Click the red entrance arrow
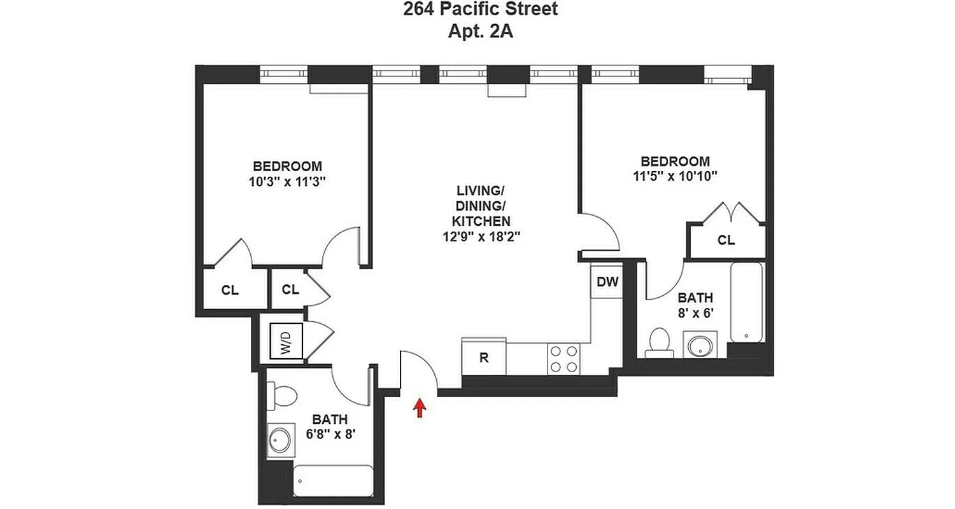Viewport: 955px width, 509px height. pos(419,407)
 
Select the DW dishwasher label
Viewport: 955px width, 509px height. pos(607,282)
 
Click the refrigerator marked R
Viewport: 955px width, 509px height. pos(483,357)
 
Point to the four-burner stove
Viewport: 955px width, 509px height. pos(563,358)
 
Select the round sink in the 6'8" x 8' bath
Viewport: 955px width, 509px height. pos(279,440)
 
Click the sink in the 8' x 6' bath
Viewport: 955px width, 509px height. pos(700,345)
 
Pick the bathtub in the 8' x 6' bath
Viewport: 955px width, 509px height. pos(746,302)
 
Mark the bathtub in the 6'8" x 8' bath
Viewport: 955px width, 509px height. pos(333,480)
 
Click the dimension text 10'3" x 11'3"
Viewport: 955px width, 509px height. pos(288,181)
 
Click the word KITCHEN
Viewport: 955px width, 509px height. pos(481,221)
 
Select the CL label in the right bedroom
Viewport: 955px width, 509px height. pos(726,241)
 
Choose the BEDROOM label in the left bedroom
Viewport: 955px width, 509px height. pos(287,166)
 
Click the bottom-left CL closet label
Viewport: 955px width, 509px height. pos(230,290)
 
